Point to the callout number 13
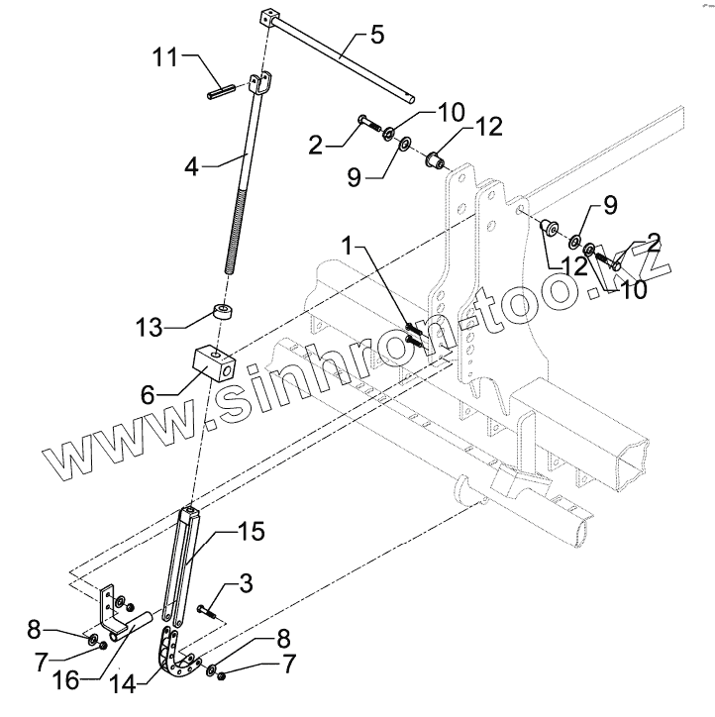pos(149,325)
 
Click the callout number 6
pos(149,394)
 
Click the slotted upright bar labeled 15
pos(187,564)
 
